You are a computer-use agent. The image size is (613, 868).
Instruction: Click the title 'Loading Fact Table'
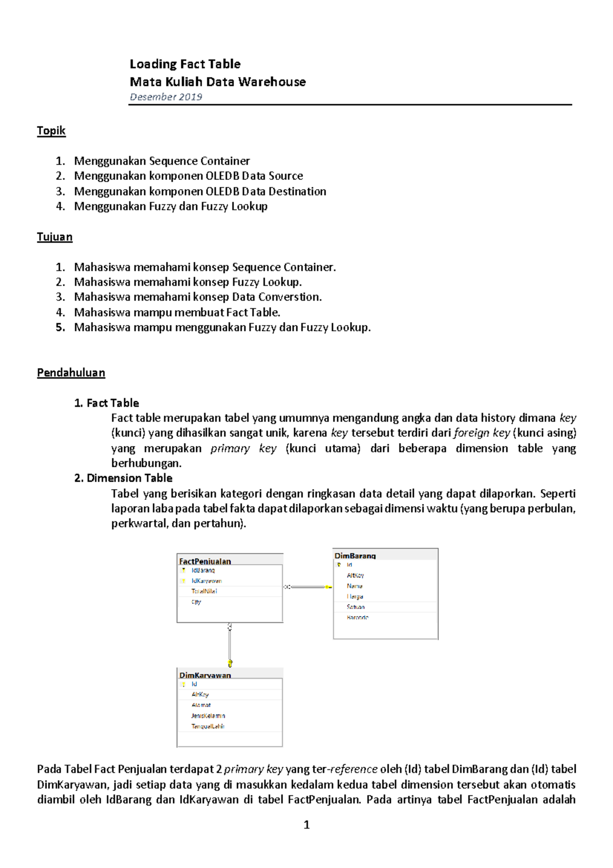185,64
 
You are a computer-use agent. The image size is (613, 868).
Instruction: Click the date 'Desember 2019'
166,97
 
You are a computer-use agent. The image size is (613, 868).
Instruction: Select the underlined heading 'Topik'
51,131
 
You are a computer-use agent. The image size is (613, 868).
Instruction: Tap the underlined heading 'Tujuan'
55,237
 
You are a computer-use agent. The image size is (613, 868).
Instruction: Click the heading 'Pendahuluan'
71,373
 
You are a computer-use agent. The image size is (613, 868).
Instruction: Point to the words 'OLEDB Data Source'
254,176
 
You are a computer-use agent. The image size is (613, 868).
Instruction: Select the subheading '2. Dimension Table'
123,478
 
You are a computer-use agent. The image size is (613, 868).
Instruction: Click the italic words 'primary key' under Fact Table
243,449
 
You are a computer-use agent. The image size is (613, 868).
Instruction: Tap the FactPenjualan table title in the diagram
205,561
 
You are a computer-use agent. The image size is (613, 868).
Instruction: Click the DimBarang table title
355,556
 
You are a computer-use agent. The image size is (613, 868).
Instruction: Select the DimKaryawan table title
205,675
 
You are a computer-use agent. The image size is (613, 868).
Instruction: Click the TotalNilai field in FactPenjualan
204,591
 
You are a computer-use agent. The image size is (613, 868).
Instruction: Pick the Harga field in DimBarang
355,597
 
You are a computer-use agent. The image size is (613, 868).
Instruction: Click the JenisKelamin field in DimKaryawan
208,716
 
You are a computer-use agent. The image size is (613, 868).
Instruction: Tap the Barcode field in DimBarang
357,618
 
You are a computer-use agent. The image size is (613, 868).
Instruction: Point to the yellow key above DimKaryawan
230,664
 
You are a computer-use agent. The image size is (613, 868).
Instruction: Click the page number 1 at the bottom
306,825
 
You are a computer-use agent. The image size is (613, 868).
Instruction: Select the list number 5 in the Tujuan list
60,328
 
